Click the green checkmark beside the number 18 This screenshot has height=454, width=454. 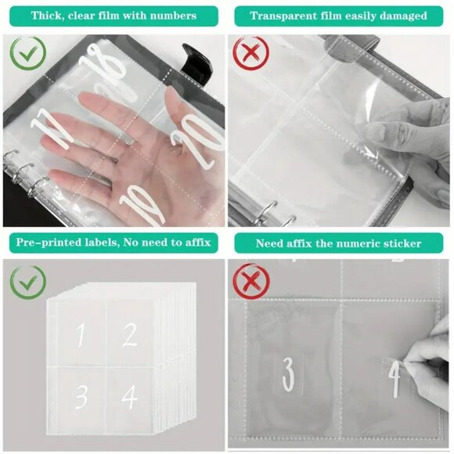28,52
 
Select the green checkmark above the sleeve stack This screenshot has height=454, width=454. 28,282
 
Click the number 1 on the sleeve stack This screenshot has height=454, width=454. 81,335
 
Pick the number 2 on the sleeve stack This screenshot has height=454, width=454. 130,335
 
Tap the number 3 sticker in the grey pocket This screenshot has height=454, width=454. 289,375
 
